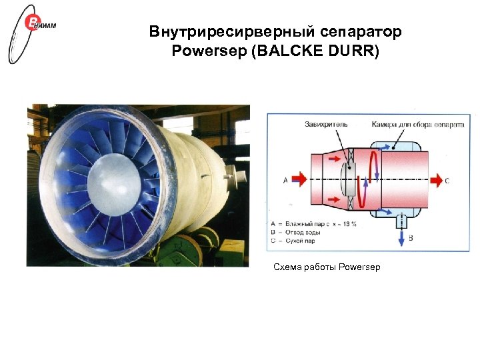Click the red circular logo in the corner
tap(33, 24)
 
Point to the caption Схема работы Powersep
tap(327, 267)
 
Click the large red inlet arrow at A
tap(299, 179)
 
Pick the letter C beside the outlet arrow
tap(447, 180)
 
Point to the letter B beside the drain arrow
tap(411, 237)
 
